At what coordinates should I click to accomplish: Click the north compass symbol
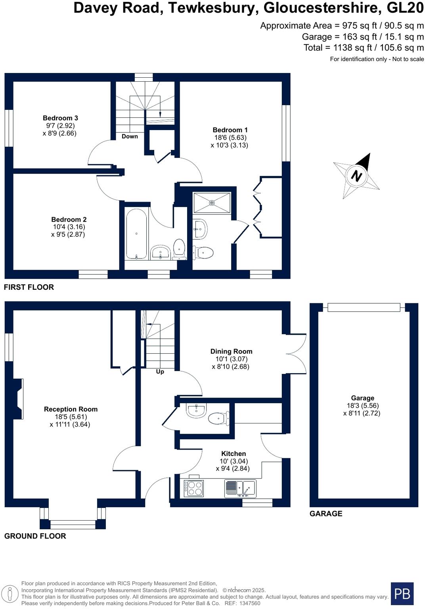click(356, 176)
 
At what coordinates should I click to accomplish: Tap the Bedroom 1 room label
click(230, 130)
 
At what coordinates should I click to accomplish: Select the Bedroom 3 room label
click(60, 118)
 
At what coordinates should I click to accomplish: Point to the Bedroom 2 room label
click(69, 219)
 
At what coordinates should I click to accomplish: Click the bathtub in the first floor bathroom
click(136, 234)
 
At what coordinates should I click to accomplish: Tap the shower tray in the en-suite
click(212, 203)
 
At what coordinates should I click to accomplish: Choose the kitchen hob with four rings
click(193, 488)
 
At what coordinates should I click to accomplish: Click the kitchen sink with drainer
click(240, 488)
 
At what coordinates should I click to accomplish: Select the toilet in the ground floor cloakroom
click(218, 418)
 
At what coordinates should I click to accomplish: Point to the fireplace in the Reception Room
click(18, 398)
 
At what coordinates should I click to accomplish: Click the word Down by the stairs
click(130, 136)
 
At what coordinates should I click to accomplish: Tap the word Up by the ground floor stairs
click(160, 372)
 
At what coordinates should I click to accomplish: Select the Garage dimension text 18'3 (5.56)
click(362, 406)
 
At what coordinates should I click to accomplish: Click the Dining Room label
click(231, 351)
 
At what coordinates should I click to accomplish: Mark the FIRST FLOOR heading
click(29, 287)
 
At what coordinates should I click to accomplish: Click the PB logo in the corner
click(402, 594)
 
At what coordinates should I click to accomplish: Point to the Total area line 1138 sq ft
click(364, 48)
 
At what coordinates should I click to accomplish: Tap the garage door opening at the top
click(364, 307)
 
